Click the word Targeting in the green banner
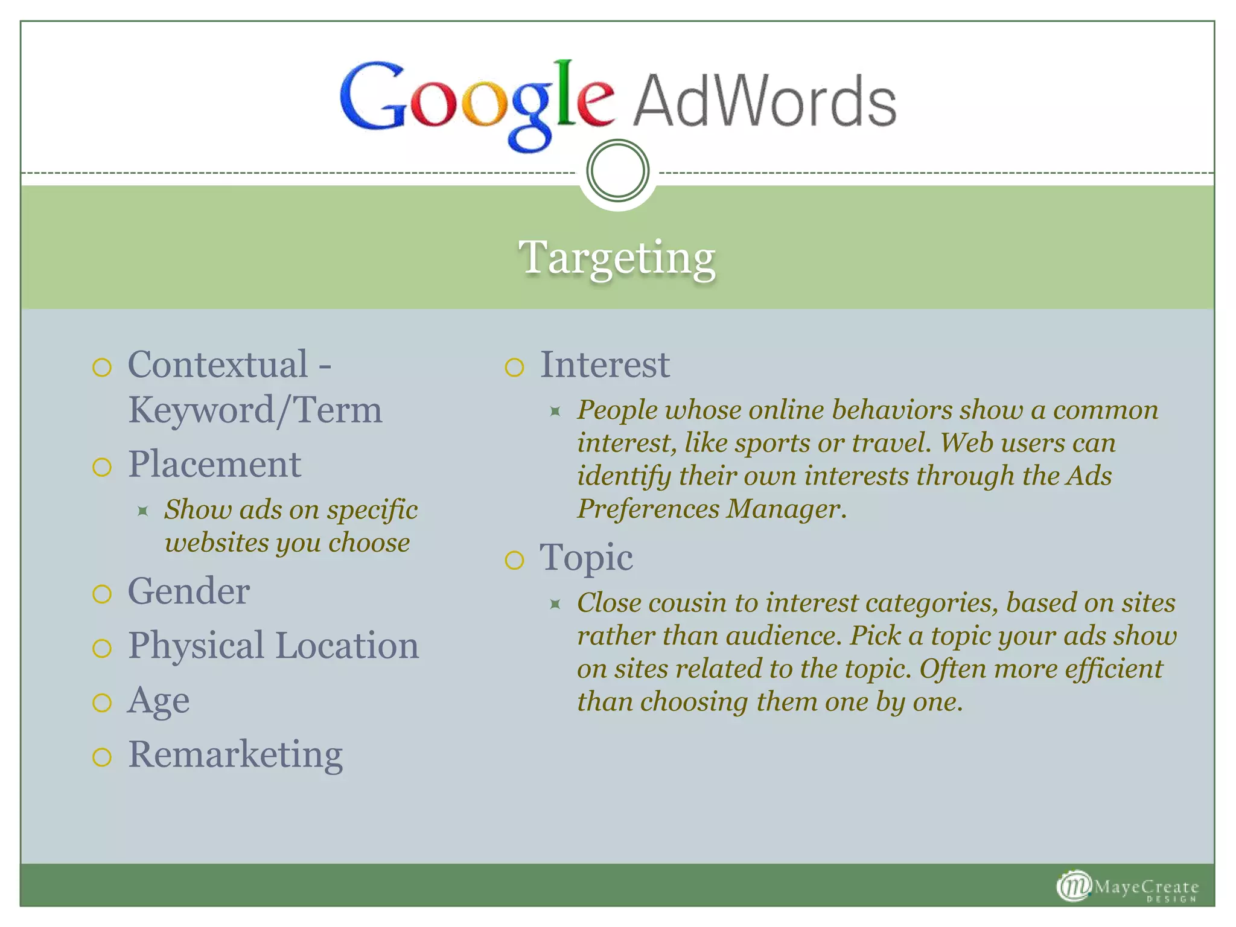tap(617, 258)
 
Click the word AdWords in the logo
tap(764, 101)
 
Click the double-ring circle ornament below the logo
tap(617, 170)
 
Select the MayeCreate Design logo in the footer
tap(1127, 887)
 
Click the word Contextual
tap(218, 365)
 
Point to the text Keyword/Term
tap(255, 410)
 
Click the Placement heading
tap(214, 465)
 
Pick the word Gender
tap(189, 591)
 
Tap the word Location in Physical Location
tap(346, 646)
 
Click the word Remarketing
tap(235, 754)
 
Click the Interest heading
tap(604, 365)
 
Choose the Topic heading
tap(586, 557)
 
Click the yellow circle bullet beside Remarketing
tap(102, 757)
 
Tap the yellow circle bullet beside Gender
tap(102, 594)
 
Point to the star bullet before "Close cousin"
tap(555, 604)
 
